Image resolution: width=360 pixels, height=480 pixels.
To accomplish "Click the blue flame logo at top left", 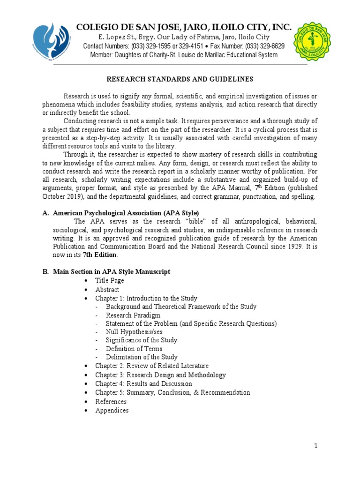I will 51,42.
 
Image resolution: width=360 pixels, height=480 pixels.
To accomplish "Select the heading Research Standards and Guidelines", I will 180,79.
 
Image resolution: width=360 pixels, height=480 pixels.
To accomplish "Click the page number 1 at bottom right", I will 316,446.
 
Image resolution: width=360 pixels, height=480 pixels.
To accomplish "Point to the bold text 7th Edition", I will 100,255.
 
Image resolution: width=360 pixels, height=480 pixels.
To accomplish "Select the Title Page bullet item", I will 110,280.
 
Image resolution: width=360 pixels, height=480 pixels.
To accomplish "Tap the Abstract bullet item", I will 107,289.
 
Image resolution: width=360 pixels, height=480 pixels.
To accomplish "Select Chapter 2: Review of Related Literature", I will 152,366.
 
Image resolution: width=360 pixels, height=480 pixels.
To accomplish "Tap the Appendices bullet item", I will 112,410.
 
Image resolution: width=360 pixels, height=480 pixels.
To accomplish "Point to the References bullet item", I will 111,401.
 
